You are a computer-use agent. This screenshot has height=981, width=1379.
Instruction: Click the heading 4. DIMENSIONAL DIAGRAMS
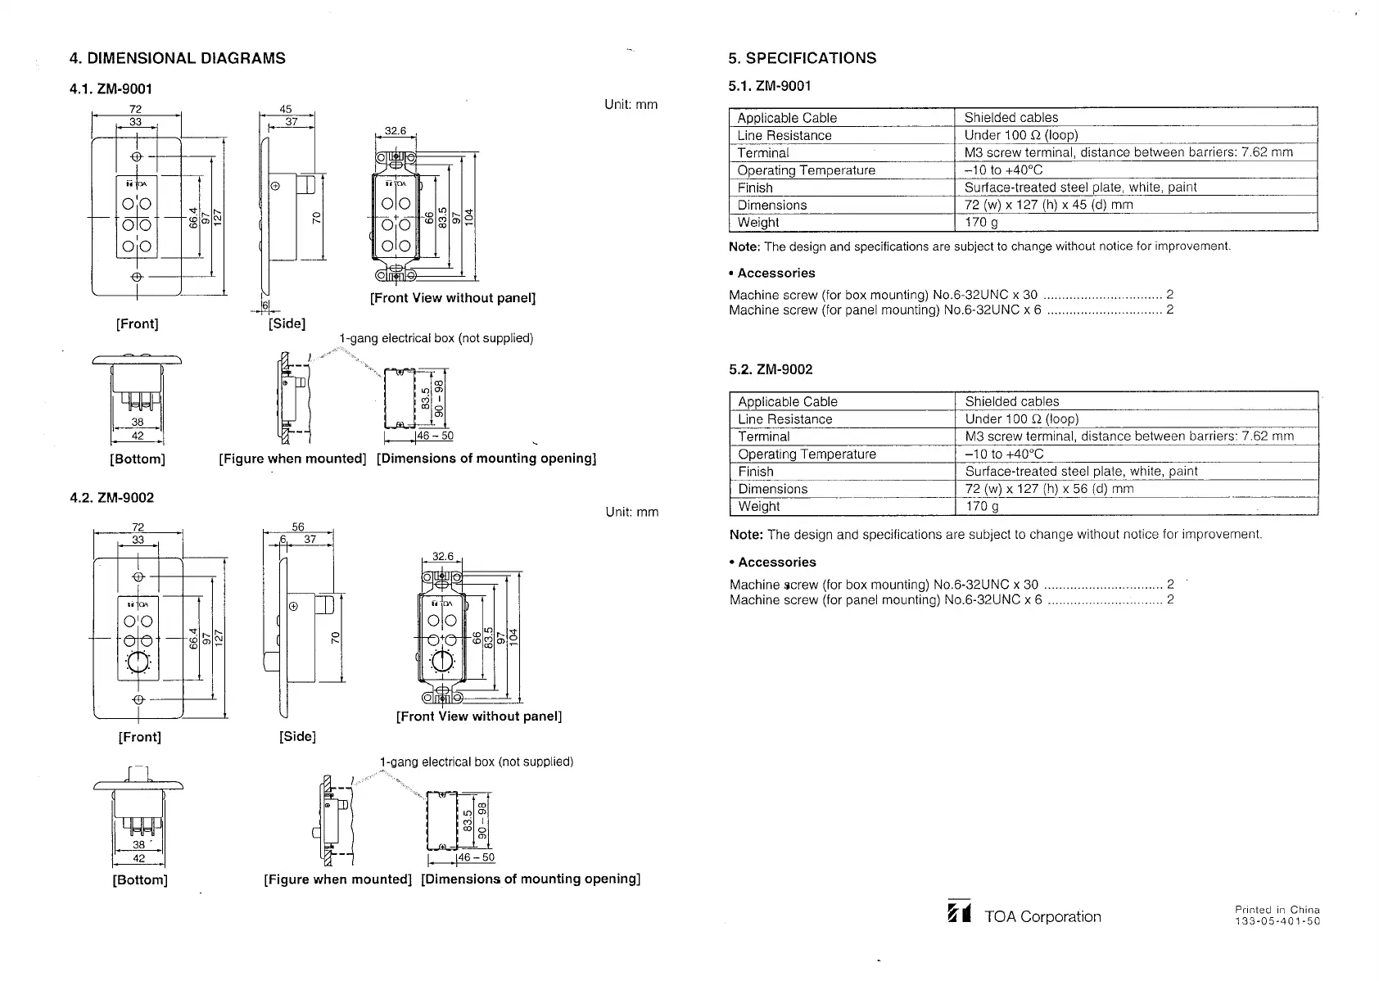click(x=178, y=58)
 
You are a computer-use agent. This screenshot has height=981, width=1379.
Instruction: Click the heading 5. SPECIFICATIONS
click(x=802, y=58)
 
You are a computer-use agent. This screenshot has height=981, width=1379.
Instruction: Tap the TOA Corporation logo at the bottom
click(x=958, y=915)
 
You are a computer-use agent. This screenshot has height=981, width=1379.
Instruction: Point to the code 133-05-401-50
click(x=1277, y=922)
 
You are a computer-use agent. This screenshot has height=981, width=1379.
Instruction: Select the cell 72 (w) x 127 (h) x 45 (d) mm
click(x=1048, y=205)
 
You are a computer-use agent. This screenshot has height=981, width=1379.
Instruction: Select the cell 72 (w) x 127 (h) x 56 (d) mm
click(x=1049, y=489)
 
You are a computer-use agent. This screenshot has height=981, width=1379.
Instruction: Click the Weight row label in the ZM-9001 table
click(x=758, y=223)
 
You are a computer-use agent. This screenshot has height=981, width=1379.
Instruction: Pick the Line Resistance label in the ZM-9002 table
click(x=784, y=419)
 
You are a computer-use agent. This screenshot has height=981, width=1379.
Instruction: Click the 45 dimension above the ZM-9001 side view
click(x=286, y=109)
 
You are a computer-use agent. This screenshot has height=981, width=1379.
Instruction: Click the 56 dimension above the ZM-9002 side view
click(x=298, y=528)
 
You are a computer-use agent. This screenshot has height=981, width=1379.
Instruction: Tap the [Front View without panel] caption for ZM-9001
click(x=452, y=298)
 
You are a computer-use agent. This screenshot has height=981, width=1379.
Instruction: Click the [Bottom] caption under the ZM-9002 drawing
click(x=139, y=880)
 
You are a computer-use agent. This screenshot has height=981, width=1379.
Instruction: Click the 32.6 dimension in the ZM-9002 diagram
click(x=442, y=557)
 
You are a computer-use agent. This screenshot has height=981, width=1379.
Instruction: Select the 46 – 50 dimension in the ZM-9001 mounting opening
click(x=436, y=436)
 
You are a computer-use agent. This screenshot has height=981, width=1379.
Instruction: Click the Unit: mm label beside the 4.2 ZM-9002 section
click(x=631, y=513)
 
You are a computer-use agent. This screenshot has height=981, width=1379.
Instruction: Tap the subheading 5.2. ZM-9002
click(x=771, y=369)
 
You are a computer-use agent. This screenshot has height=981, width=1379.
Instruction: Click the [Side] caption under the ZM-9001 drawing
click(x=287, y=323)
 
